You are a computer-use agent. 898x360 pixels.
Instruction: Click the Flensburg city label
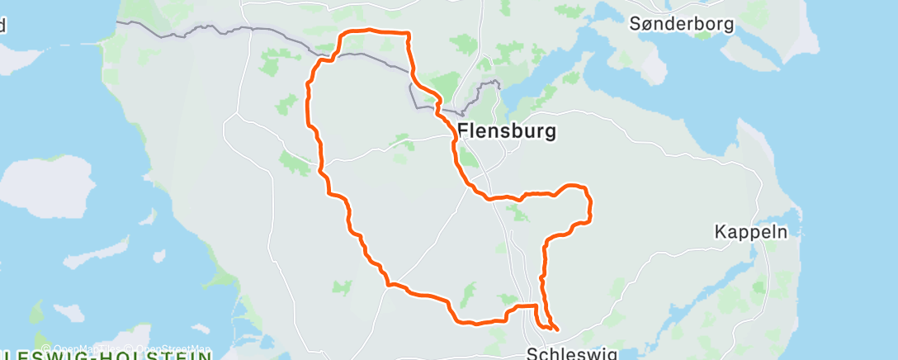tap(506, 130)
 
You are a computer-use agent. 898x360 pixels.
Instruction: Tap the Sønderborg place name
tap(681, 24)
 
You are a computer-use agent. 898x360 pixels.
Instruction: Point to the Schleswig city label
tap(571, 353)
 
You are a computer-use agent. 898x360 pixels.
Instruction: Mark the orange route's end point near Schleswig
tap(558, 329)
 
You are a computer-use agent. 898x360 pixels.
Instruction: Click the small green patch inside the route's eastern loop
tap(518, 214)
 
